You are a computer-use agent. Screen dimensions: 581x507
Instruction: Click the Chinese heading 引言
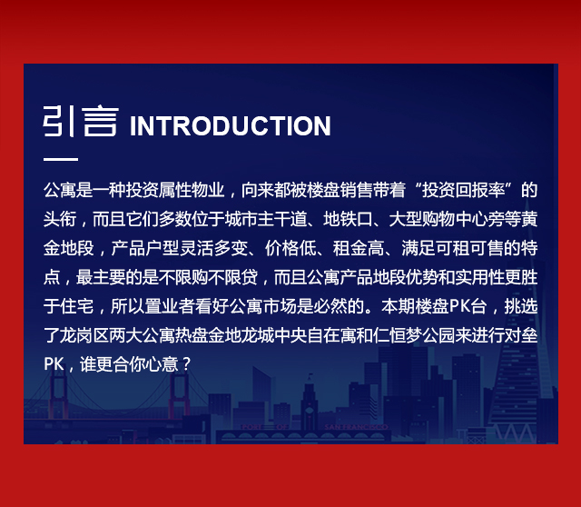tap(81, 121)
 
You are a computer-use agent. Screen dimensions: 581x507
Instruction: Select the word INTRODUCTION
tap(230, 126)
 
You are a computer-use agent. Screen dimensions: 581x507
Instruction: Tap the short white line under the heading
tap(61, 159)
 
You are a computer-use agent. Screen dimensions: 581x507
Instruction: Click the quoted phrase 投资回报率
tap(464, 190)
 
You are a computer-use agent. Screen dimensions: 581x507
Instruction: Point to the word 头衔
tap(60, 219)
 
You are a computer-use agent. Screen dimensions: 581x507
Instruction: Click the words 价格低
tap(290, 248)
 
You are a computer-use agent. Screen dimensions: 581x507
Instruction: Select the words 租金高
tap(358, 248)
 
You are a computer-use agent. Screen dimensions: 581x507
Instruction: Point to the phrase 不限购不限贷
tap(209, 277)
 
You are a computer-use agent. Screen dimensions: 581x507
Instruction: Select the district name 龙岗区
tap(84, 335)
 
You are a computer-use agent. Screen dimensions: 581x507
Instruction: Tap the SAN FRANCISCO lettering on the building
tap(356, 427)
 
